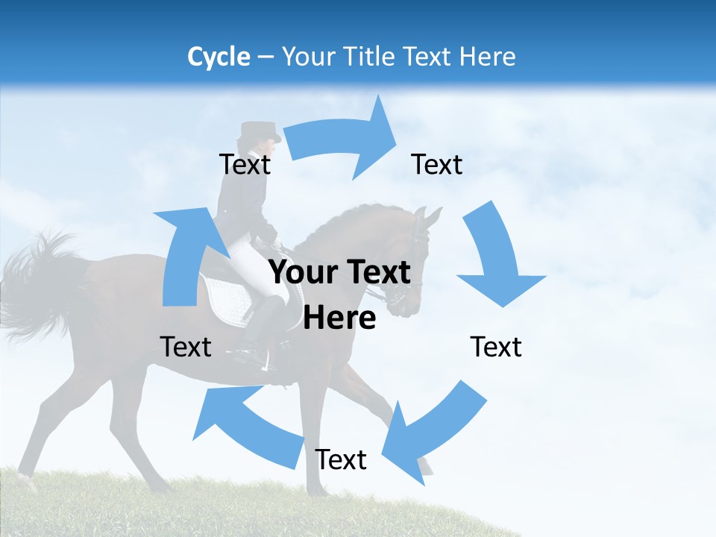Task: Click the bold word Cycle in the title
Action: tap(219, 57)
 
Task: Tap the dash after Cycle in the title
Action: tap(266, 57)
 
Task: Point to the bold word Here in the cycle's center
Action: tap(339, 318)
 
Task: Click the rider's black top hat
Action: tap(259, 131)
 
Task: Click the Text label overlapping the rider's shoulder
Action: tap(245, 164)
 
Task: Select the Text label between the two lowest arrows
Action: tap(341, 459)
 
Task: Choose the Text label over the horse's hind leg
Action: tap(186, 347)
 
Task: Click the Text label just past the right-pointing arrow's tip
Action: tap(437, 164)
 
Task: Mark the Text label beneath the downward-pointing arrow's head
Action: tap(496, 347)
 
